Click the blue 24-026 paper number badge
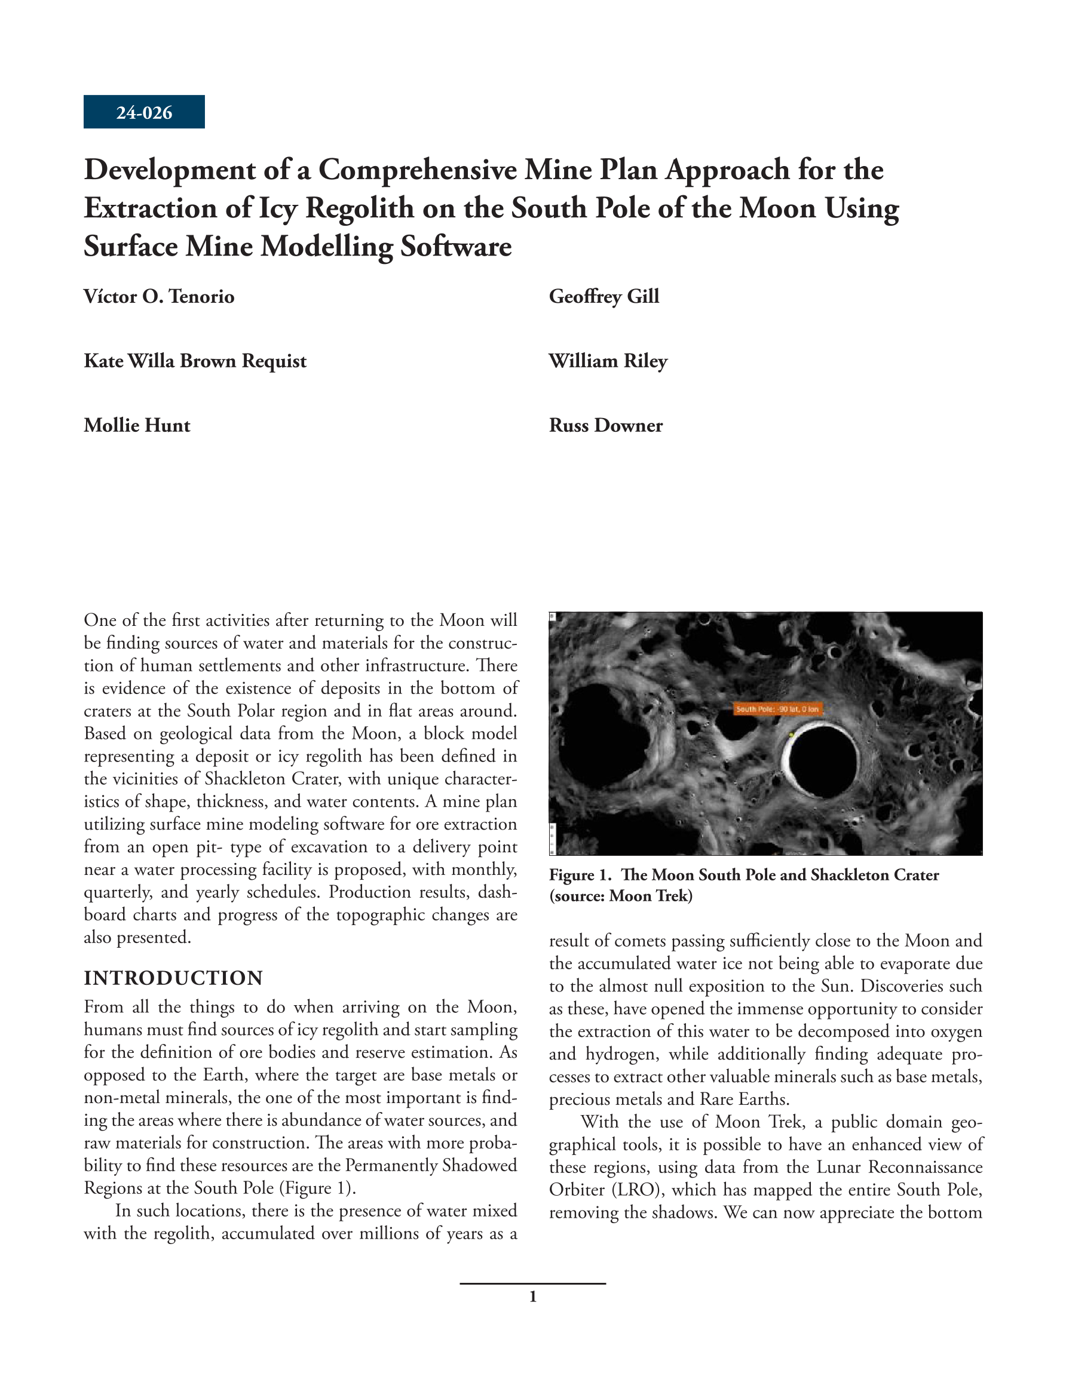coord(144,112)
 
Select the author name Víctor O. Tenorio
coord(158,296)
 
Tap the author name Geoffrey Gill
coord(604,296)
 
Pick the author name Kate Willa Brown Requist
coord(195,361)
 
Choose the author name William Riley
coord(608,361)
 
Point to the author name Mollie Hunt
coord(136,425)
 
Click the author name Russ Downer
coord(605,425)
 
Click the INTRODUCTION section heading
coord(173,978)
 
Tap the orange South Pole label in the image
coord(777,709)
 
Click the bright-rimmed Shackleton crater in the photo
coord(820,761)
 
